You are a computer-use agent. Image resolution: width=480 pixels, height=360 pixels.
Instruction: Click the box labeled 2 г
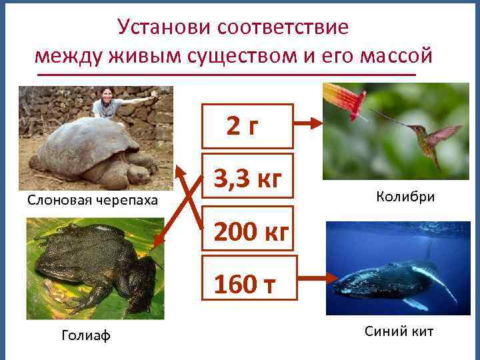(248, 125)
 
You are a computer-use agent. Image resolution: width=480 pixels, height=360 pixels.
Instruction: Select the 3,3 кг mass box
(248, 178)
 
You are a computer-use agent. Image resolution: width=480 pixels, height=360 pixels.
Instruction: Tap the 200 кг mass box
(248, 231)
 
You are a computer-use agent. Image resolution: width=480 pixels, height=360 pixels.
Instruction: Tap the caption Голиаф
(86, 335)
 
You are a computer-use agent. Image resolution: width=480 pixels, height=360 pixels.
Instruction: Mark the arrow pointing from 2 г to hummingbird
(309, 123)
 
